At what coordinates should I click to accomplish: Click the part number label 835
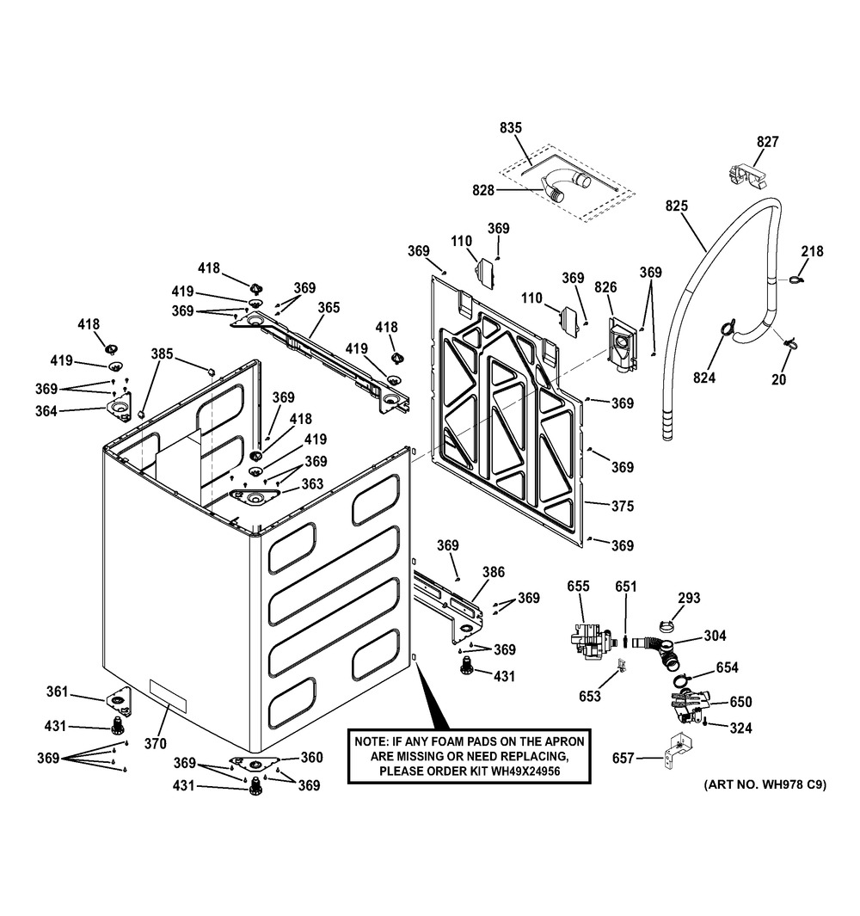[x=511, y=128]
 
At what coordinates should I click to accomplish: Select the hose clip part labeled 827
[x=743, y=173]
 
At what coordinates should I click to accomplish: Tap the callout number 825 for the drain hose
[x=678, y=206]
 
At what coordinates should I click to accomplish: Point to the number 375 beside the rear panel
[x=622, y=507]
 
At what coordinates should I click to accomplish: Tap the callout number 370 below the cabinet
[x=155, y=743]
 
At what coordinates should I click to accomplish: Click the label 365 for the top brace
[x=329, y=307]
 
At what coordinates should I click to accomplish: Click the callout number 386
[x=494, y=572]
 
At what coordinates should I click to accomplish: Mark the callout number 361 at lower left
[x=57, y=692]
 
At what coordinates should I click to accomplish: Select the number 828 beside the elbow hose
[x=483, y=190]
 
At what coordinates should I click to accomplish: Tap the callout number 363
[x=312, y=484]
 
